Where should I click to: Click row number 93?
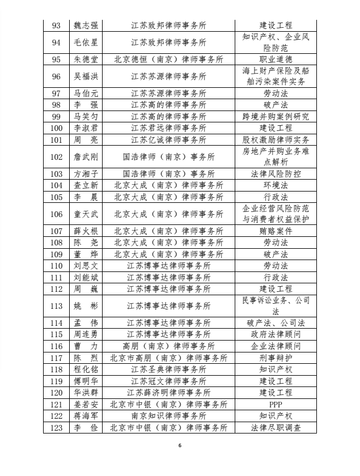pyautogui.click(x=57, y=26)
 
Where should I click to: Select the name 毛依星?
pyautogui.click(x=86, y=42)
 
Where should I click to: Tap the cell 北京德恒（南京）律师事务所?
pyautogui.click(x=168, y=59)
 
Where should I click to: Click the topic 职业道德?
pyautogui.click(x=276, y=59)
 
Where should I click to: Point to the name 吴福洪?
pyautogui.click(x=86, y=76)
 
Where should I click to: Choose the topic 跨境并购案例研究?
pyautogui.click(x=276, y=117)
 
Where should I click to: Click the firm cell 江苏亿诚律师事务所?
pyautogui.click(x=168, y=140)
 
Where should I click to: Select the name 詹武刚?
pyautogui.click(x=86, y=157)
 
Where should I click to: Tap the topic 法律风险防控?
pyautogui.click(x=276, y=174)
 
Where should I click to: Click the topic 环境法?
pyautogui.click(x=276, y=185)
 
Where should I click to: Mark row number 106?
pyautogui.click(x=57, y=214)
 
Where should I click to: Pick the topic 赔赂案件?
pyautogui.click(x=276, y=231)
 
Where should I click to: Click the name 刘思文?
pyautogui.click(x=86, y=266)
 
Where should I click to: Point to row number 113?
pyautogui.click(x=57, y=306)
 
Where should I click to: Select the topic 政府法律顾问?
pyautogui.click(x=276, y=335)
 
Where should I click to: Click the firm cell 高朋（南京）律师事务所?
pyautogui.click(x=168, y=346)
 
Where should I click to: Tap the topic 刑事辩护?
pyautogui.click(x=276, y=358)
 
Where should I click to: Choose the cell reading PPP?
pyautogui.click(x=276, y=404)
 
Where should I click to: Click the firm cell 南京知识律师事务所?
pyautogui.click(x=168, y=416)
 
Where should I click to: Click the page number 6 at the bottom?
pyautogui.click(x=180, y=446)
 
